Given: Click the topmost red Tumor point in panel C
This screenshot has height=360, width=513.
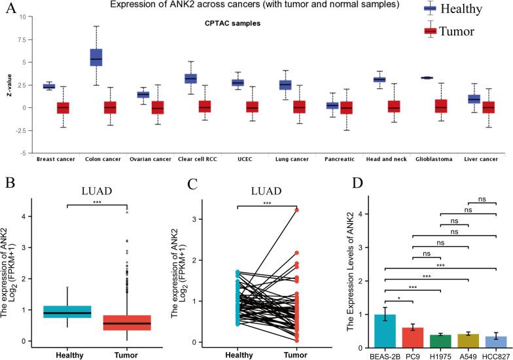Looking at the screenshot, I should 296,210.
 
